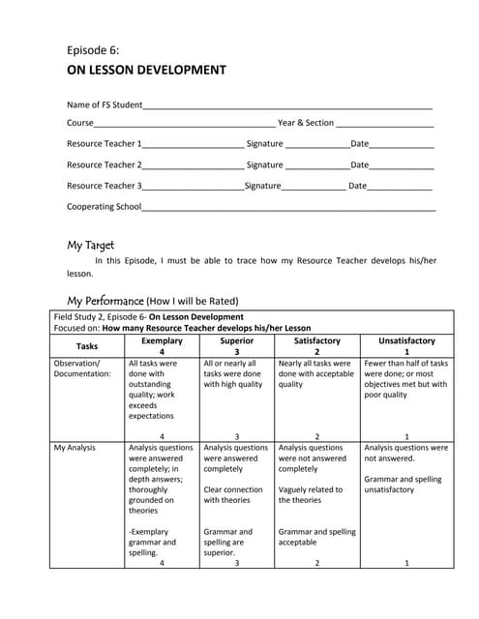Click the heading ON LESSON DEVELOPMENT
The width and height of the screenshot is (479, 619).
coord(146,70)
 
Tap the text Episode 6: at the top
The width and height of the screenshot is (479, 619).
coord(93,49)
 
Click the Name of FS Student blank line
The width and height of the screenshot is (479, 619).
coord(287,106)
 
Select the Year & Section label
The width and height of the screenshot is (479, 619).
coord(306,123)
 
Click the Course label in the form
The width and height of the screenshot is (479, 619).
coord(79,123)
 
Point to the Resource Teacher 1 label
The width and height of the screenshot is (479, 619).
coord(104,143)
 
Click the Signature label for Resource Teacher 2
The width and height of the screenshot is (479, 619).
coord(264,164)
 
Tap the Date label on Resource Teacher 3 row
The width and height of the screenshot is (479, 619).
coord(357,185)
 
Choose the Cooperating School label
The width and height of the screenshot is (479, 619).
coord(104,206)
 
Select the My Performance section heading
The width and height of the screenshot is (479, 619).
coord(105,300)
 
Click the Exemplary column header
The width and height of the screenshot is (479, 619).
coord(162,340)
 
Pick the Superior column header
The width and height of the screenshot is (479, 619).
coord(237,340)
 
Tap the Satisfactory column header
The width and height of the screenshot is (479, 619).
coord(316,340)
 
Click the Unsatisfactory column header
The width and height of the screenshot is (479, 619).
coord(406,340)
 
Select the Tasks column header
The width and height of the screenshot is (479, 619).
coord(87,345)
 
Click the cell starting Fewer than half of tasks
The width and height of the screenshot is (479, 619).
coord(405,379)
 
